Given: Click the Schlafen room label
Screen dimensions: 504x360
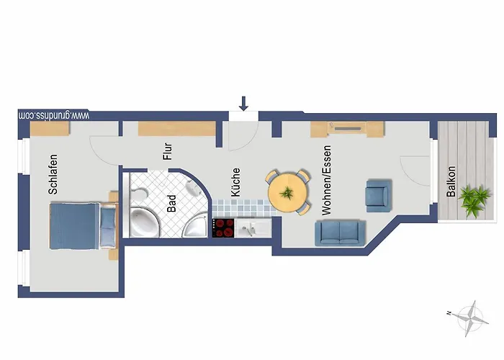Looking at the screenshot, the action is [x=53, y=174].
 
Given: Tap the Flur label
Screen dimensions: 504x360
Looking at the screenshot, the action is [x=168, y=151].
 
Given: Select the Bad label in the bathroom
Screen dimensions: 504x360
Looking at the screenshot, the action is [x=171, y=204].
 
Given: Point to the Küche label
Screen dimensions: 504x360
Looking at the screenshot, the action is [x=235, y=182].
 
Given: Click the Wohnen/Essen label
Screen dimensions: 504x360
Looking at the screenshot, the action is [x=326, y=180].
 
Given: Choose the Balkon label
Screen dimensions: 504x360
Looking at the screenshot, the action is [x=451, y=181].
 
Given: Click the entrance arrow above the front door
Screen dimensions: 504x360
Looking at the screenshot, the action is [x=243, y=104].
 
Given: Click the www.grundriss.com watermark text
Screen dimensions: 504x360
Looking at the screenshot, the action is [x=54, y=115].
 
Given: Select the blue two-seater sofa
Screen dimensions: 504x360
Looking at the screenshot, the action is [x=340, y=233].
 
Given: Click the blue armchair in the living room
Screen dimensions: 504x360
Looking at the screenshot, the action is [x=379, y=196].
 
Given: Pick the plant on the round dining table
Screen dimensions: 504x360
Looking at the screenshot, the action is [x=287, y=193].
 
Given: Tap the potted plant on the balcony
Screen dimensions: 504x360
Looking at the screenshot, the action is [x=474, y=201].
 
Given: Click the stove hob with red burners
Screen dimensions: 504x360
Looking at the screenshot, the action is [x=223, y=228].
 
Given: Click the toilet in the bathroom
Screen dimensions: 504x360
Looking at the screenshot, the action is [x=138, y=193].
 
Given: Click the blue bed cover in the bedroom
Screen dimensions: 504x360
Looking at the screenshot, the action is [x=74, y=226].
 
